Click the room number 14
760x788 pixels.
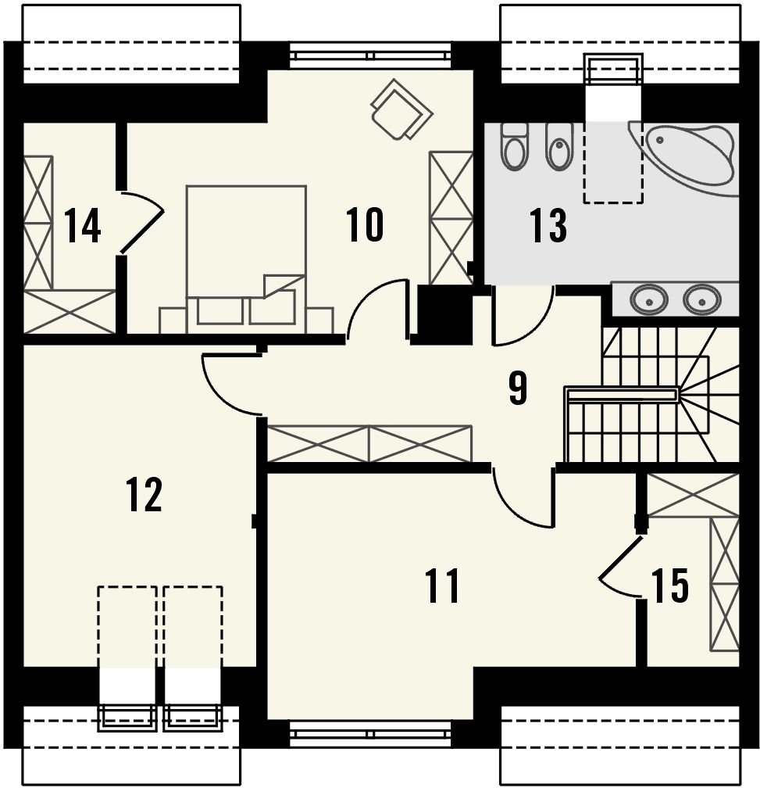click(83, 226)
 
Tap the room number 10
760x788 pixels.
click(365, 224)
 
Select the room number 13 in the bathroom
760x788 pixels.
click(548, 226)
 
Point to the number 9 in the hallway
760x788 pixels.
click(518, 389)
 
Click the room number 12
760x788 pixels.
click(144, 495)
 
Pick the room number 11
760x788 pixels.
click(442, 586)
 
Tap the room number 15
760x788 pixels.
click(670, 586)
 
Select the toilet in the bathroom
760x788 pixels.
click(514, 146)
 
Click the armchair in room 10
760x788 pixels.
click(401, 109)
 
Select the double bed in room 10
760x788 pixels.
click(246, 259)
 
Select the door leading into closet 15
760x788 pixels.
click(620, 568)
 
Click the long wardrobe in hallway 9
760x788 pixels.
click(369, 444)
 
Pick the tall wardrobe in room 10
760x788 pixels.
click(451, 217)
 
